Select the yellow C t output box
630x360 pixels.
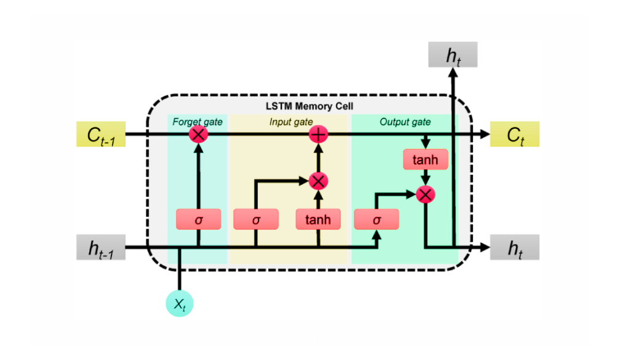tap(514, 134)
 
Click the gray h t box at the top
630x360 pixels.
tap(453, 55)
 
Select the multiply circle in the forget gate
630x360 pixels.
tap(198, 134)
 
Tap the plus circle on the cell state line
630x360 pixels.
tap(318, 134)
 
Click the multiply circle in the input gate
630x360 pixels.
tap(318, 181)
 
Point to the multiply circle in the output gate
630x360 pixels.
tap(425, 194)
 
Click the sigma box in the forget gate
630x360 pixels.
tap(198, 219)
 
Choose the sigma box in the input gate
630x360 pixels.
tap(256, 219)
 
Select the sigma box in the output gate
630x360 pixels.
tap(377, 219)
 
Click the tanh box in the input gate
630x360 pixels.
tap(318, 219)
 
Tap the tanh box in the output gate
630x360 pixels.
tap(425, 160)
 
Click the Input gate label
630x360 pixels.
tap(291, 122)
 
